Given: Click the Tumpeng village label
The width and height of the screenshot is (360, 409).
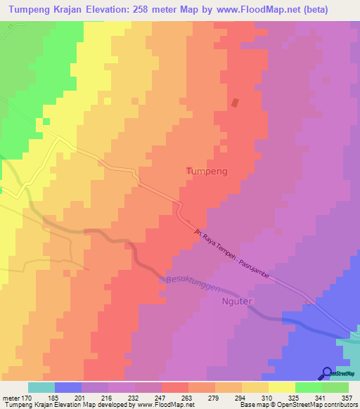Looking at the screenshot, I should [x=207, y=171].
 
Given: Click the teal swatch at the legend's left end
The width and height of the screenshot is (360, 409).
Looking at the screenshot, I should [x=41, y=387].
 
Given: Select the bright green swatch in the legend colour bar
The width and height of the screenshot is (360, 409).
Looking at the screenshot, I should [x=309, y=387].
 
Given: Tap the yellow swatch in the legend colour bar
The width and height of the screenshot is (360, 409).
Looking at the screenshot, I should [x=282, y=387].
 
